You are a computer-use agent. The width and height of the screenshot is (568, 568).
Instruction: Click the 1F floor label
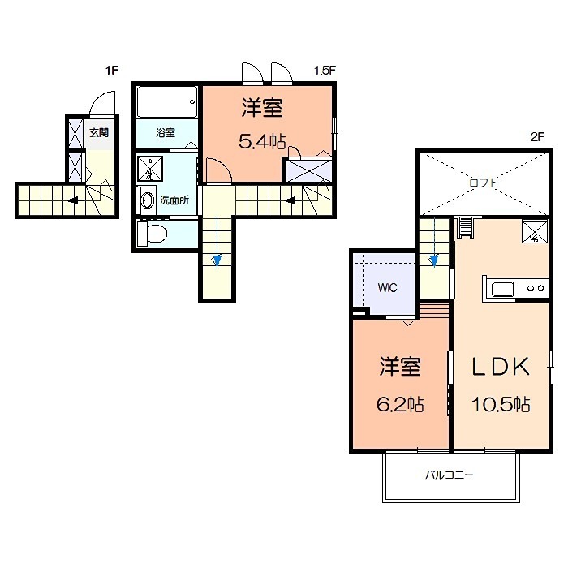coord(112,71)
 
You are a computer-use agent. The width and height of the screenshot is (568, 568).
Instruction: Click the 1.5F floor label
coord(325,71)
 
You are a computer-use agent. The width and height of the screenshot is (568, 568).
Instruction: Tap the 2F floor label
coord(536,137)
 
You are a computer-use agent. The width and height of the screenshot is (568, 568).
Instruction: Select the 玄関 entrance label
coord(99,132)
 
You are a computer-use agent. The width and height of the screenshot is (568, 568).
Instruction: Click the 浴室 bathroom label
coord(165,132)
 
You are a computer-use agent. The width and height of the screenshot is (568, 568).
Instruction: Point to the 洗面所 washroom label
coord(174,200)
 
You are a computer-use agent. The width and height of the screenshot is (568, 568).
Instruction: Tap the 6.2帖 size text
coord(400,403)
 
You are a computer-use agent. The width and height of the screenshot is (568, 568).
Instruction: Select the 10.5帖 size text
coord(502,403)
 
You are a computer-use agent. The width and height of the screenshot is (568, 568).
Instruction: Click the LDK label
coord(501,367)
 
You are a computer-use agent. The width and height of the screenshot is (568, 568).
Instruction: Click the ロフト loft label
coord(484,183)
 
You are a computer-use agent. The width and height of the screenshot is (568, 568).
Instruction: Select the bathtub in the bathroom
coord(166,103)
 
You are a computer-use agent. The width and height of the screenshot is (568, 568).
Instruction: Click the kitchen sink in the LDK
coord(500,288)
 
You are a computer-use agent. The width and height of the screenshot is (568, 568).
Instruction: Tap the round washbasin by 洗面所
coord(147,200)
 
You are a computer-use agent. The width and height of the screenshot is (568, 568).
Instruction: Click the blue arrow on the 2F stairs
coord(433,259)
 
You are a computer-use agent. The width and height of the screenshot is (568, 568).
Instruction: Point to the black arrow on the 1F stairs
coord(73,200)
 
